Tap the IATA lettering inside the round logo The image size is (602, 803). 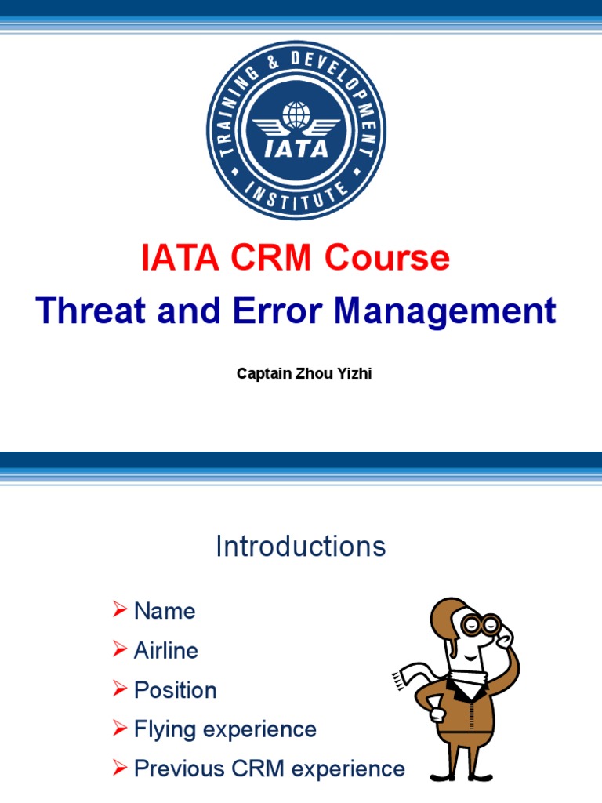(296, 147)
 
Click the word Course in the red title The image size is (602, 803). (392, 258)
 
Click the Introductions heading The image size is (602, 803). (301, 547)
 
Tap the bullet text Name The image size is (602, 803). (165, 611)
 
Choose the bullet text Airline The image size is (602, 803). (166, 650)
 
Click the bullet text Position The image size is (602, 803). (176, 690)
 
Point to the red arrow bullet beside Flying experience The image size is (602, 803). (119, 729)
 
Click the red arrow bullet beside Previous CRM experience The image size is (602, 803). (119, 768)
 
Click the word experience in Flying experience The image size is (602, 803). (259, 729)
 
